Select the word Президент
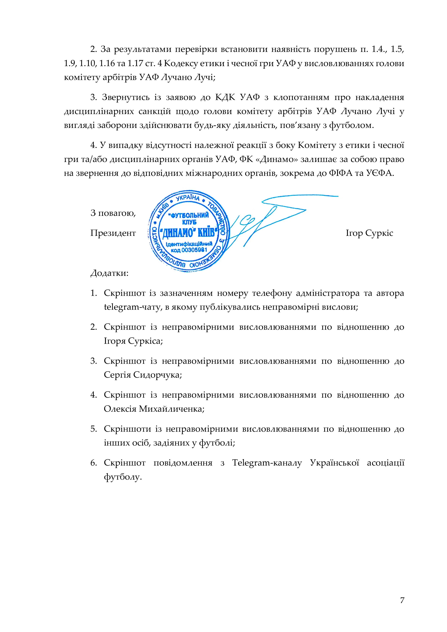113,233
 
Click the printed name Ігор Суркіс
369,233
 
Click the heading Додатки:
110,273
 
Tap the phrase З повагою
113,213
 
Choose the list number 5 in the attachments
93,429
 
